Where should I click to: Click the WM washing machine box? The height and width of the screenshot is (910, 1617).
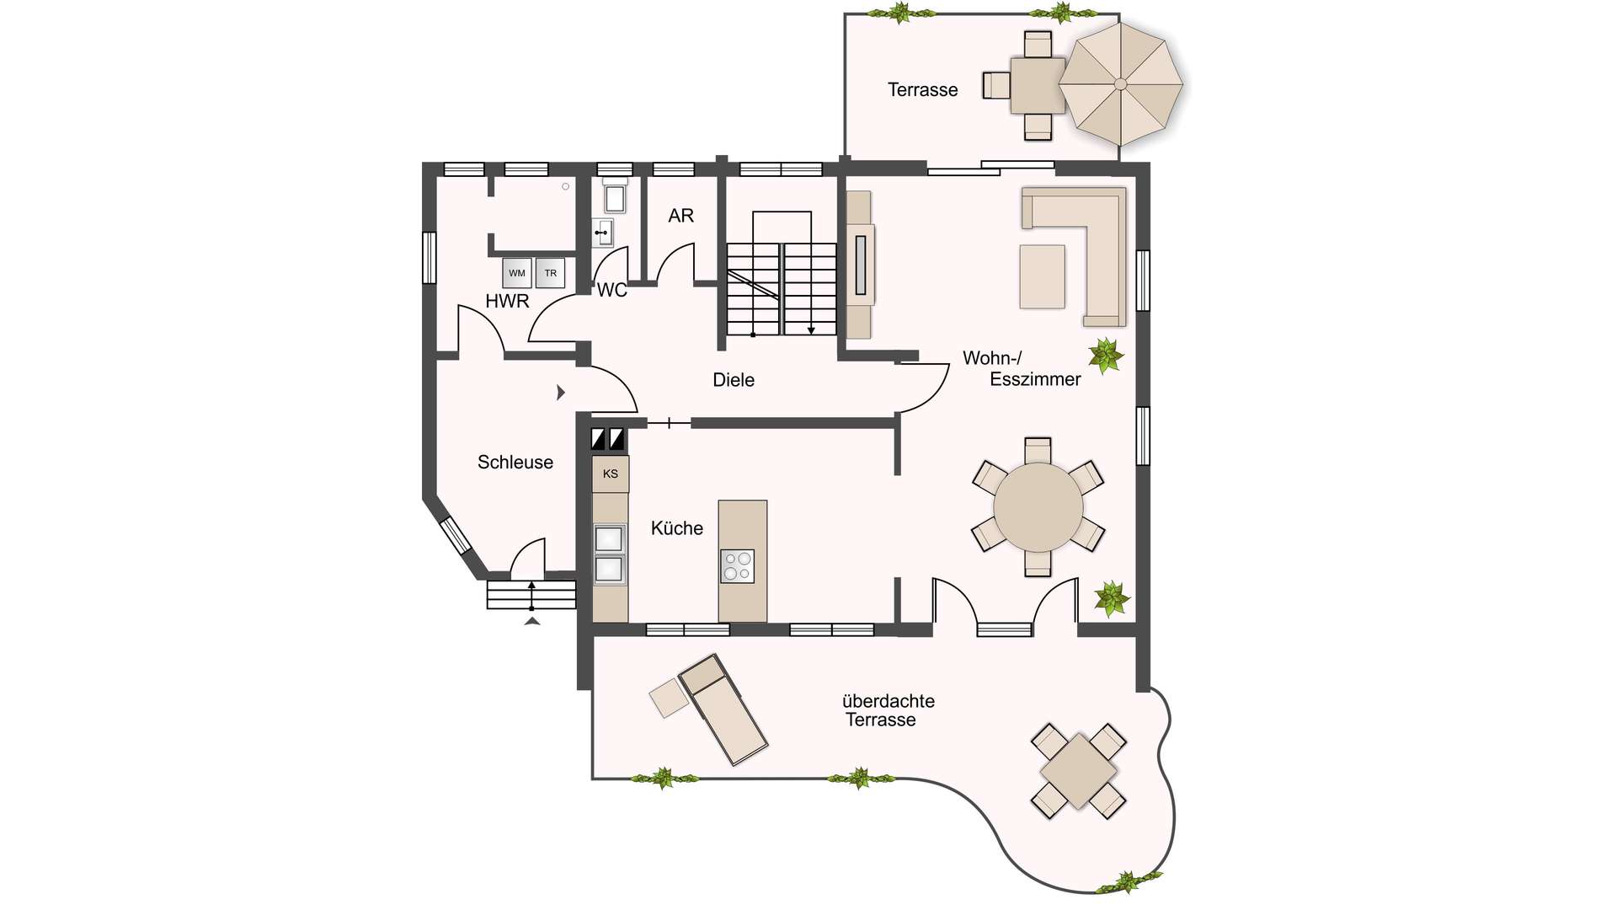517,273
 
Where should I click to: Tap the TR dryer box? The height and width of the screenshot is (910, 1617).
550,273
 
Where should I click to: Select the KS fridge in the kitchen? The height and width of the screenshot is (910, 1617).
611,474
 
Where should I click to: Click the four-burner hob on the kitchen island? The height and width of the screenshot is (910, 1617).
738,565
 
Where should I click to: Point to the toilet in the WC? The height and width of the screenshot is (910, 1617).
615,196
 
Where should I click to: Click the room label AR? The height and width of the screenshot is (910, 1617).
681,216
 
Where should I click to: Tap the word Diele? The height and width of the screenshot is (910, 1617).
734,380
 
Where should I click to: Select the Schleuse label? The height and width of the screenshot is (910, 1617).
515,462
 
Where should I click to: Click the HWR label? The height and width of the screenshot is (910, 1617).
507,301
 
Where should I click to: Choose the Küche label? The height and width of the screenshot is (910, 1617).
677,528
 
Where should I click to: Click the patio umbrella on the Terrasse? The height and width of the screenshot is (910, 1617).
1121,83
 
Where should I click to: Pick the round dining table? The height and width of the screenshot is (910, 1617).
1038,507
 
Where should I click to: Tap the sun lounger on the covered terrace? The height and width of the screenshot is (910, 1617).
723,709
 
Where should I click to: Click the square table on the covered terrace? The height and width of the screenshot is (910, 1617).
1079,771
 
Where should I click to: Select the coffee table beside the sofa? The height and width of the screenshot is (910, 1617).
1043,276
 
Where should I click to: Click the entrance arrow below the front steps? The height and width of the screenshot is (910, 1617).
532,621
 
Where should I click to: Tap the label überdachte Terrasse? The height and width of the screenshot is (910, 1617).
888,710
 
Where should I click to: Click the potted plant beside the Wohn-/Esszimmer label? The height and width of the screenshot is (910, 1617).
1106,356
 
